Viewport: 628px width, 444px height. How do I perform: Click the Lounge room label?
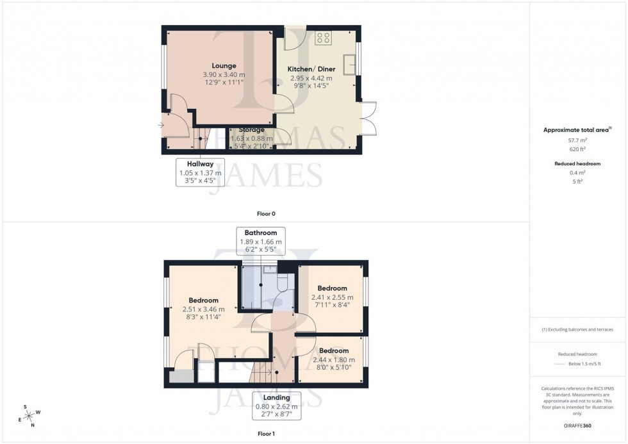(224, 65)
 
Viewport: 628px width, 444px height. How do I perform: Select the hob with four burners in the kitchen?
(324, 38)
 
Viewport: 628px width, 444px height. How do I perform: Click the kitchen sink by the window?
(351, 63)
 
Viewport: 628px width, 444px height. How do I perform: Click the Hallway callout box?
(200, 172)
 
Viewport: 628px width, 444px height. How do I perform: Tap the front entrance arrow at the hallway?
(159, 125)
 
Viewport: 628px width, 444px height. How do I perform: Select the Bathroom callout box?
(260, 242)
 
